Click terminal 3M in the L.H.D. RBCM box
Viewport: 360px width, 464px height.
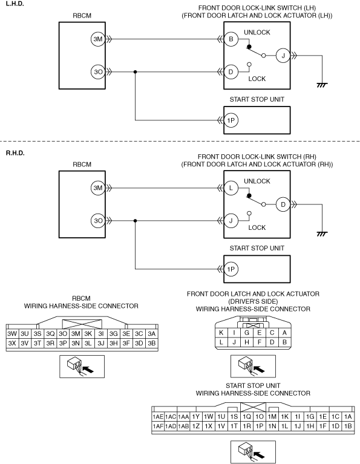pyautogui.click(x=98, y=39)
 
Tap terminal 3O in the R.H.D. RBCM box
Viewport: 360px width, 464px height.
pyautogui.click(x=98, y=220)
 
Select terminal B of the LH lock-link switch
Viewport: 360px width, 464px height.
pyautogui.click(x=231, y=39)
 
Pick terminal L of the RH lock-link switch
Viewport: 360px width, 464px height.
pyautogui.click(x=231, y=188)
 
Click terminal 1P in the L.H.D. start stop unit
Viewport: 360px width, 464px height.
pyautogui.click(x=231, y=120)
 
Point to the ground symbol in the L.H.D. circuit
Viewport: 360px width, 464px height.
pyautogui.click(x=322, y=85)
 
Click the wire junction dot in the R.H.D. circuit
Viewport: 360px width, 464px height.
pyautogui.click(x=136, y=220)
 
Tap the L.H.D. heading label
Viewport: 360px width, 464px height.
pyautogui.click(x=15, y=4)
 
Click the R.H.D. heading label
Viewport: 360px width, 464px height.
pyautogui.click(x=15, y=153)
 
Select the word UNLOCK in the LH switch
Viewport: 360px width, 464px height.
pyautogui.click(x=257, y=32)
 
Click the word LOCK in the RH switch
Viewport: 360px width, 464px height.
pyautogui.click(x=257, y=227)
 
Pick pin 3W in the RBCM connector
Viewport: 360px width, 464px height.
pyautogui.click(x=12, y=333)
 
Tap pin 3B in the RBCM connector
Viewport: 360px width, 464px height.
pyautogui.click(x=152, y=343)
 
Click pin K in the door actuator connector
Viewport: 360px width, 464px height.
pyautogui.click(x=221, y=333)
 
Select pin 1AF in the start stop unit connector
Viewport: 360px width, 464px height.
pyautogui.click(x=158, y=426)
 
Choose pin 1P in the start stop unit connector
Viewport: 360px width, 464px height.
pyautogui.click(x=260, y=426)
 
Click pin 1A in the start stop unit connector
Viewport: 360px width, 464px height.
pyautogui.click(x=348, y=417)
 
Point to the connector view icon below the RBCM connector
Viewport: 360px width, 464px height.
pyautogui.click(x=82, y=367)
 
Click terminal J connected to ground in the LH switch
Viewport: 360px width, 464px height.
pyautogui.click(x=283, y=56)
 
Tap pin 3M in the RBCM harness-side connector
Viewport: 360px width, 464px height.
pyautogui.click(x=76, y=333)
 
